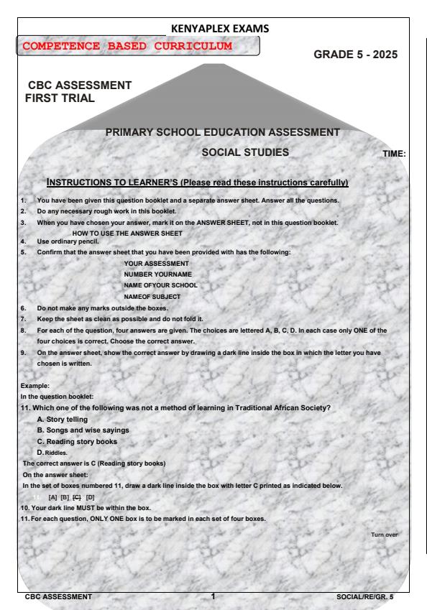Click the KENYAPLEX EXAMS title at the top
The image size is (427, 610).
[213, 29]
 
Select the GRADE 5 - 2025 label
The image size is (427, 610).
[356, 55]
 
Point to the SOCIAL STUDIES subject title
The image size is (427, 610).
[244, 152]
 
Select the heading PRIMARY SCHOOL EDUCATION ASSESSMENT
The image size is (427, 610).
[222, 132]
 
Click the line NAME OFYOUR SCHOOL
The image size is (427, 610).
[160, 285]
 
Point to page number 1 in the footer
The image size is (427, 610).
[213, 596]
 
